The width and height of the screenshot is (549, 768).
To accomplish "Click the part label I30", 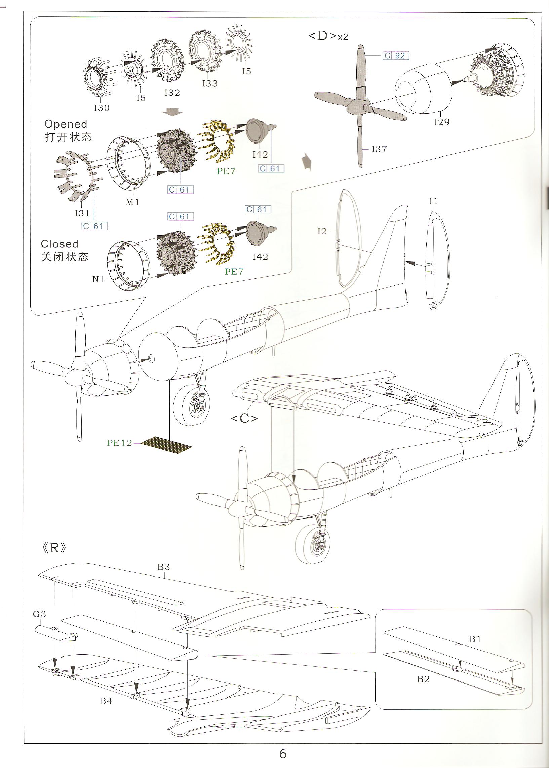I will (102, 108).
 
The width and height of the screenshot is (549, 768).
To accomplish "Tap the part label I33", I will (209, 83).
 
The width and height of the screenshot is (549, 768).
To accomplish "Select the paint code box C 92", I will (396, 56).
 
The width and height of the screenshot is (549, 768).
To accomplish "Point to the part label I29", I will (441, 122).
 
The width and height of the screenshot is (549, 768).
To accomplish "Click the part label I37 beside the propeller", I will (379, 149).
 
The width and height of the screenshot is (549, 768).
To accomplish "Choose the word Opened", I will (66, 124).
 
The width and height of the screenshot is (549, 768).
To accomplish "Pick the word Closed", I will (60, 244).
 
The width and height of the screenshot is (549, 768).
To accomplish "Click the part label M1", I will (132, 202).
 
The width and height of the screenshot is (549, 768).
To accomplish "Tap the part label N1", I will (99, 279).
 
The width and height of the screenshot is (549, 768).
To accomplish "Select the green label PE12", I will (119, 443).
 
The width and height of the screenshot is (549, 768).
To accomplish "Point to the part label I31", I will (82, 213).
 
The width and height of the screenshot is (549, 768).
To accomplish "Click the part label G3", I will (40, 614).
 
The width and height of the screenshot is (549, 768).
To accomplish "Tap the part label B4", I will (106, 701).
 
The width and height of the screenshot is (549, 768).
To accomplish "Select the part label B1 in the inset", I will (475, 639).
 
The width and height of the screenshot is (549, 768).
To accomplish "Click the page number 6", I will (283, 754).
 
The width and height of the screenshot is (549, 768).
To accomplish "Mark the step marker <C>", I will (244, 419).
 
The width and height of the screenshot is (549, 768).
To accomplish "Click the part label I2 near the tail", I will (322, 231).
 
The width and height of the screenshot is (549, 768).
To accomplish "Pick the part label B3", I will (164, 567).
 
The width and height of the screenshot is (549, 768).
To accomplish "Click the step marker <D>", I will (322, 36).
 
